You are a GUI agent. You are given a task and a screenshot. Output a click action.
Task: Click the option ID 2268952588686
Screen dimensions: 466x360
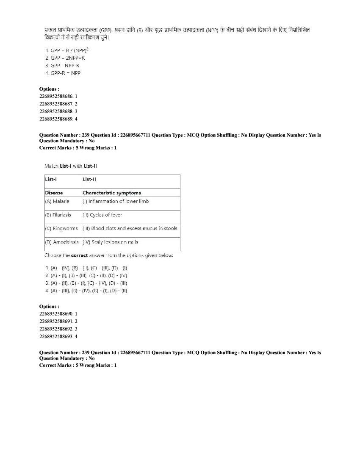[58, 96]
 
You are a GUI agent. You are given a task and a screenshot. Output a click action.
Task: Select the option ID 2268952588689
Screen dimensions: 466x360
[58, 119]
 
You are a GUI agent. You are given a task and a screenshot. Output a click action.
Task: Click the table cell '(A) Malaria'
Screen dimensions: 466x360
[57, 201]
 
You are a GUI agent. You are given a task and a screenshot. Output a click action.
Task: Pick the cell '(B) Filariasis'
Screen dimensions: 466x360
[58, 215]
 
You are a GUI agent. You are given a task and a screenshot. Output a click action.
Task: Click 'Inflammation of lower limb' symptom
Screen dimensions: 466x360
[116, 201]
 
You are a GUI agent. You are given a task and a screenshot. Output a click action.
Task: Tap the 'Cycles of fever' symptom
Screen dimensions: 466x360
[102, 215]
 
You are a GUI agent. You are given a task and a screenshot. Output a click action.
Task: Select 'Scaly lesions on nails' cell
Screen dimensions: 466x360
[110, 242]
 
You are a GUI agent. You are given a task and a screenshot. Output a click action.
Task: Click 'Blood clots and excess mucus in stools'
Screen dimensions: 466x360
[130, 228]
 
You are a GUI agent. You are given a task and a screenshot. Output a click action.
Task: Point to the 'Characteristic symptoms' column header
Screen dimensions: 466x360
[111, 193]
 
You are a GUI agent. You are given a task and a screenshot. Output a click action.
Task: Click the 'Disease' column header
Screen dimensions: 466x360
[54, 193]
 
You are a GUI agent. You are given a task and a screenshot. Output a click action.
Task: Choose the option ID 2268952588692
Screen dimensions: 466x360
[58, 329]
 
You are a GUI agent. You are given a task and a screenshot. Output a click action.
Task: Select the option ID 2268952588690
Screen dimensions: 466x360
[58, 313]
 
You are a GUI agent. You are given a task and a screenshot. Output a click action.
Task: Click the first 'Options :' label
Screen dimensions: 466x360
[49, 89]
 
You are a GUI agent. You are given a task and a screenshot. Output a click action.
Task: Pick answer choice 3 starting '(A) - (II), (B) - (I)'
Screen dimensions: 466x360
[86, 283]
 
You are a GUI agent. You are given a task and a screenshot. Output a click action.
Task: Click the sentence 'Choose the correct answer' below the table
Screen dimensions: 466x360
[108, 255]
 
